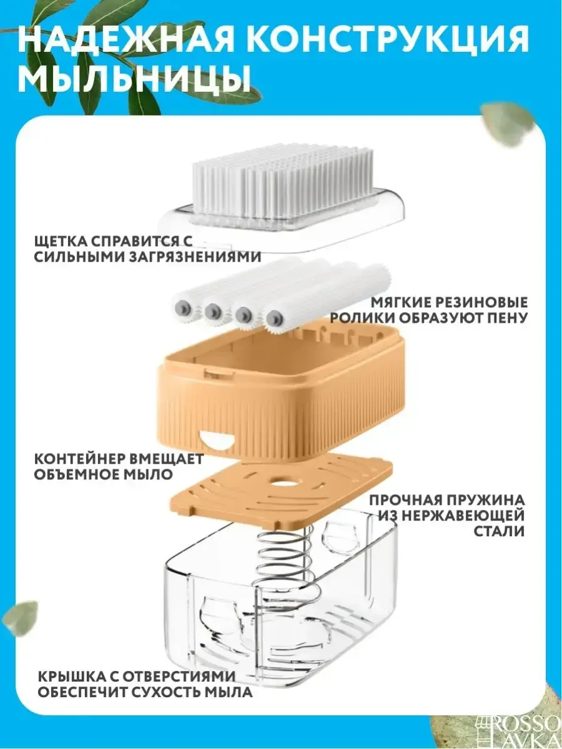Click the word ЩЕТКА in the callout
pyautogui.click(x=60, y=242)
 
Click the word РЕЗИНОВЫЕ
pyautogui.click(x=479, y=302)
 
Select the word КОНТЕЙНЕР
pyautogui.click(x=81, y=458)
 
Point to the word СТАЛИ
pyautogui.click(x=500, y=532)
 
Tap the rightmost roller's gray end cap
pyautogui.click(x=275, y=319)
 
